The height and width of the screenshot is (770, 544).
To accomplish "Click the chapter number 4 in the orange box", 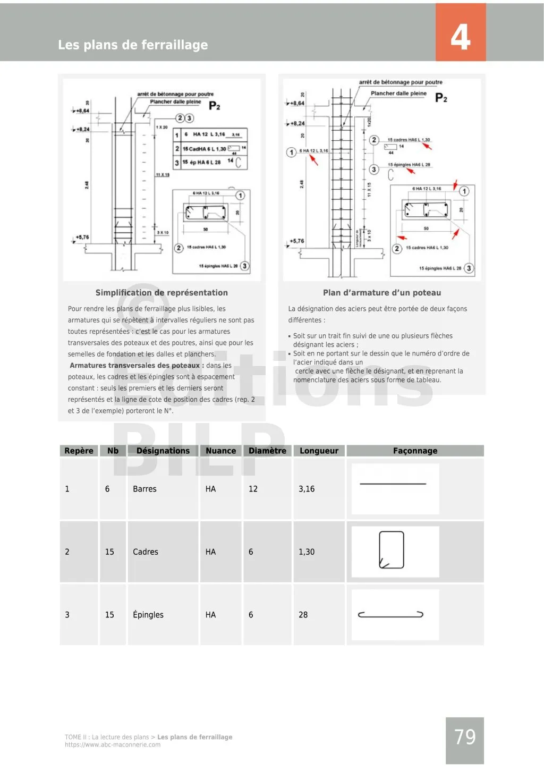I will coord(460,37).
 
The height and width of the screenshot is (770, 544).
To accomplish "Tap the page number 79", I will coord(465,737).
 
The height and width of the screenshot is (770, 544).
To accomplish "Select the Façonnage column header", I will coord(415,451).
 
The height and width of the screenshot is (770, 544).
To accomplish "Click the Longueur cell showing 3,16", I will coord(307,489).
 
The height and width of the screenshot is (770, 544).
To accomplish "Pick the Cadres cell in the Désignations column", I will coord(146,552).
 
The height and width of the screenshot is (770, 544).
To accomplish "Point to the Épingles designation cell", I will coord(148,615).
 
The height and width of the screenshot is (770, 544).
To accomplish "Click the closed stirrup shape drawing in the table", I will coord(392,550).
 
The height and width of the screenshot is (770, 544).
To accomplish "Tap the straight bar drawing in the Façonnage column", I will coord(393,484).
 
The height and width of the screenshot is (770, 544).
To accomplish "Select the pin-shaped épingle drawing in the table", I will coord(390,615).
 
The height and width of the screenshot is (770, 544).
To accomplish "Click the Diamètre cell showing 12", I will coord(253,489).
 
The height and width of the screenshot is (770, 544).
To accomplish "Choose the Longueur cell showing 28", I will coord(303,615).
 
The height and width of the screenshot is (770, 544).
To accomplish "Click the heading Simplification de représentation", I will coord(161,293).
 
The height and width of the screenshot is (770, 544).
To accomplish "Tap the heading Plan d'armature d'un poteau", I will coord(382,293).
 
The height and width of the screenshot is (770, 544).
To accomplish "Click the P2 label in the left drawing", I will coord(215,106).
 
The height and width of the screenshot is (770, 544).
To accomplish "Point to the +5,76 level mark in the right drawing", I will coord(297,241).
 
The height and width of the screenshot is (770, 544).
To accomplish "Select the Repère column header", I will coord(79,451).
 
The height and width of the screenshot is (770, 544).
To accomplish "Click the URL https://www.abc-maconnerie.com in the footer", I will coord(113,745).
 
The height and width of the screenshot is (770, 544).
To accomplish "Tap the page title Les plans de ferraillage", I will coord(133,45).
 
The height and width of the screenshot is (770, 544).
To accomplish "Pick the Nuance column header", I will coord(220,451).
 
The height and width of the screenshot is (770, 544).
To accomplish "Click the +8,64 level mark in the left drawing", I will coord(83,111).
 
